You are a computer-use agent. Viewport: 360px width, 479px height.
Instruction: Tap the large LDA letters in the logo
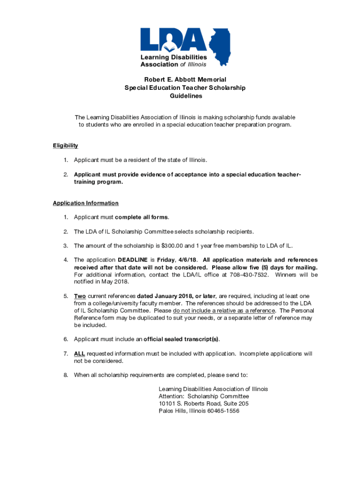tap(174, 39)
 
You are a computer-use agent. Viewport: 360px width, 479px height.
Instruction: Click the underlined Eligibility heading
tap(65, 145)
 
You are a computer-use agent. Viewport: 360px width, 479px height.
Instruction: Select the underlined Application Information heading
tap(86, 203)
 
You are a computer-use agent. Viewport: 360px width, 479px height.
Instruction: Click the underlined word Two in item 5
tap(80, 296)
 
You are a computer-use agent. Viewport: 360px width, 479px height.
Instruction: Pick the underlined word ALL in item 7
tap(79, 354)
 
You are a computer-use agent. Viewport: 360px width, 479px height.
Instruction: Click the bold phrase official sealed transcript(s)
tap(181, 339)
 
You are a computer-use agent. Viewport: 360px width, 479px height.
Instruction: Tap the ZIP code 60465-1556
tap(218, 411)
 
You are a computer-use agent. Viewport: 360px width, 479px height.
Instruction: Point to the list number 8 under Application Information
tap(66, 375)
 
